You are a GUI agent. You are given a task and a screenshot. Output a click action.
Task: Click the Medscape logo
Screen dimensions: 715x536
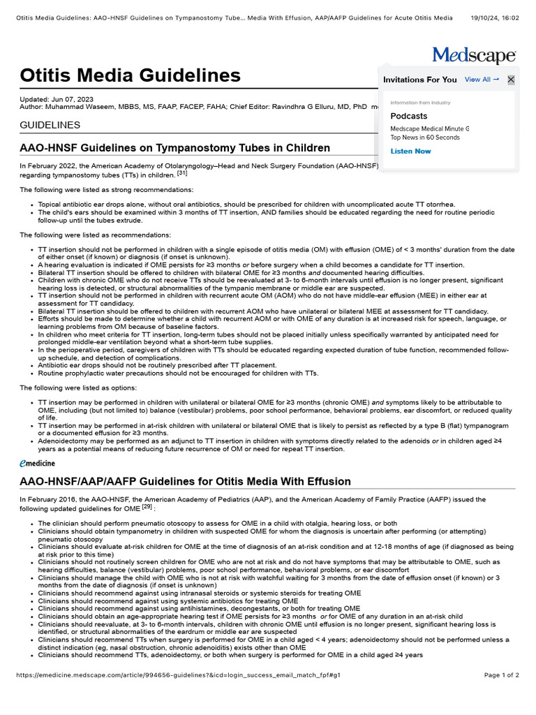[x=474, y=55]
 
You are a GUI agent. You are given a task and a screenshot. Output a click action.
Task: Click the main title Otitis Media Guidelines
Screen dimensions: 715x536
[x=130, y=75]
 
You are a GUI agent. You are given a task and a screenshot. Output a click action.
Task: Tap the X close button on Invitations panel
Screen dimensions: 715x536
[x=511, y=80]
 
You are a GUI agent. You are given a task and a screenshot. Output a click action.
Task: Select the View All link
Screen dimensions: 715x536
[x=482, y=80]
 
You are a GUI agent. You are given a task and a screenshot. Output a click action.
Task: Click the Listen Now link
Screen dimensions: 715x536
[x=410, y=151]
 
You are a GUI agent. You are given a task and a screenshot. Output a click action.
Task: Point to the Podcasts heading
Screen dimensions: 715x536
[x=409, y=116]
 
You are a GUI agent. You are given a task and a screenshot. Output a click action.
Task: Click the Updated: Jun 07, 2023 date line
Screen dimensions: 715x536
[x=57, y=100]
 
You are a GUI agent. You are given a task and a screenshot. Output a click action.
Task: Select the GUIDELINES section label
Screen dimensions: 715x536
[x=50, y=125]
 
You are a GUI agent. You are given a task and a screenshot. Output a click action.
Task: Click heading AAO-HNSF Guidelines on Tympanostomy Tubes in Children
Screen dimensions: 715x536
[x=174, y=148]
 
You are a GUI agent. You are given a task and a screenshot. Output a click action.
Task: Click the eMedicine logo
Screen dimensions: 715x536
[x=38, y=463]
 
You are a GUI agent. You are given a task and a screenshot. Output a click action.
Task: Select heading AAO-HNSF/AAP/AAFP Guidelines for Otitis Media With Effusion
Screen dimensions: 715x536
[x=185, y=482]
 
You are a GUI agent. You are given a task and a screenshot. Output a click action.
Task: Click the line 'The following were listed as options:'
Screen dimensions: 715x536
[x=78, y=388]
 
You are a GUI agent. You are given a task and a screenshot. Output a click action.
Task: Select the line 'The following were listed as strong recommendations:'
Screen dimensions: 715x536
[x=106, y=190]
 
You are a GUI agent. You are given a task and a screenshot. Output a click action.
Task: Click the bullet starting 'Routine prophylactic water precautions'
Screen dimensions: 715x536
[x=178, y=373]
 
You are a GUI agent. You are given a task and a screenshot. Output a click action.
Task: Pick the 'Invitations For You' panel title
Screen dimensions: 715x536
[x=420, y=80]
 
